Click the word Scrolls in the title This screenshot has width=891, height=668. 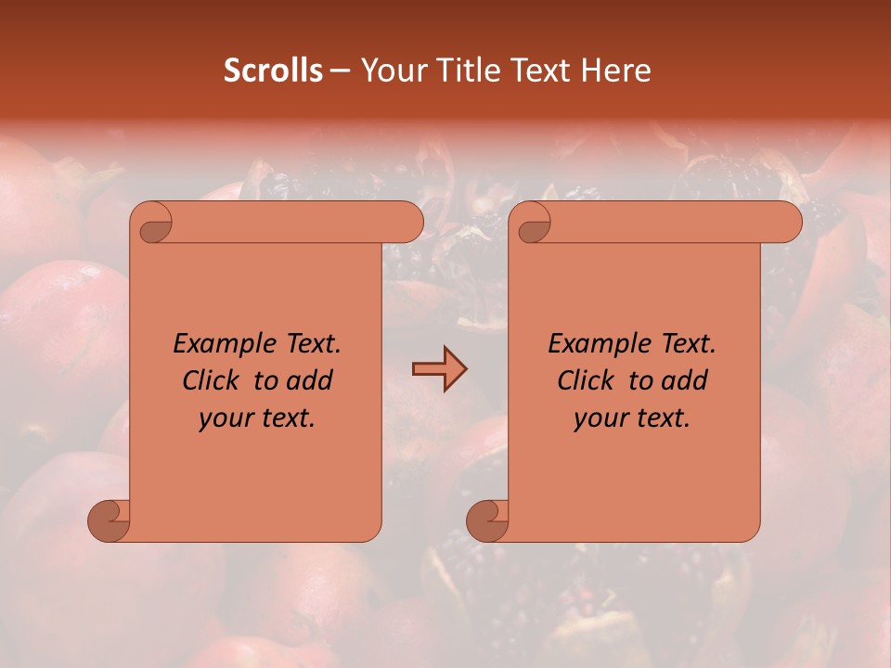pos(274,71)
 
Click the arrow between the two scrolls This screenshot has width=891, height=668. pos(439,369)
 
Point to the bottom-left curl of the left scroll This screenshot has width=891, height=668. pos(109,520)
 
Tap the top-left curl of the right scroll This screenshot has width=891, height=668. pos(533,224)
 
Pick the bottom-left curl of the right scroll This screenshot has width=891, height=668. pos(487,520)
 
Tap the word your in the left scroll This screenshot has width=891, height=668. pos(224,418)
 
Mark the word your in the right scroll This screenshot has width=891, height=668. pos(599,418)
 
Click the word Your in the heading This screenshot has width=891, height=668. pos(387,71)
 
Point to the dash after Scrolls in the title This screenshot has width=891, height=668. pos(340,71)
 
